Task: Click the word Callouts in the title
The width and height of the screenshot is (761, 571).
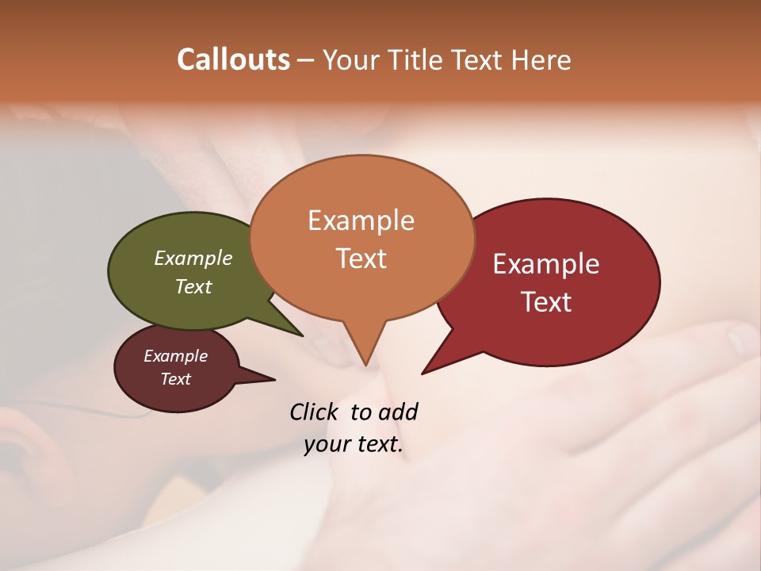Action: pos(233,60)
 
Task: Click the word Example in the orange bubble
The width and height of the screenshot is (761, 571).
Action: pos(361,220)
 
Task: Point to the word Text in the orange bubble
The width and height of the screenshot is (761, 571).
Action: pos(361,259)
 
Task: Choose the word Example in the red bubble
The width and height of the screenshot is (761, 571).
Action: pos(546,264)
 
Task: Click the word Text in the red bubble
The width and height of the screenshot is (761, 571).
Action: pos(546,302)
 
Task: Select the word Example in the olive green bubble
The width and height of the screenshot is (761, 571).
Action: pos(193,259)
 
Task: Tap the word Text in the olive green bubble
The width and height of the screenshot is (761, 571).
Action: pos(193,286)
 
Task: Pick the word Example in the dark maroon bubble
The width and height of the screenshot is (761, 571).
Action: pos(175,356)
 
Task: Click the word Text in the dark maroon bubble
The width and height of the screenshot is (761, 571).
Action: pos(175,379)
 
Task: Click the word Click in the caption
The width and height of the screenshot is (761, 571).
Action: pos(315,412)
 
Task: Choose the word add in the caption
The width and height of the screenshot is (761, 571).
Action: pos(397,412)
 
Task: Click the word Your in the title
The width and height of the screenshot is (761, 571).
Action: pos(349,60)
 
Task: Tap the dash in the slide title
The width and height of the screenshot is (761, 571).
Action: pos(306,60)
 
